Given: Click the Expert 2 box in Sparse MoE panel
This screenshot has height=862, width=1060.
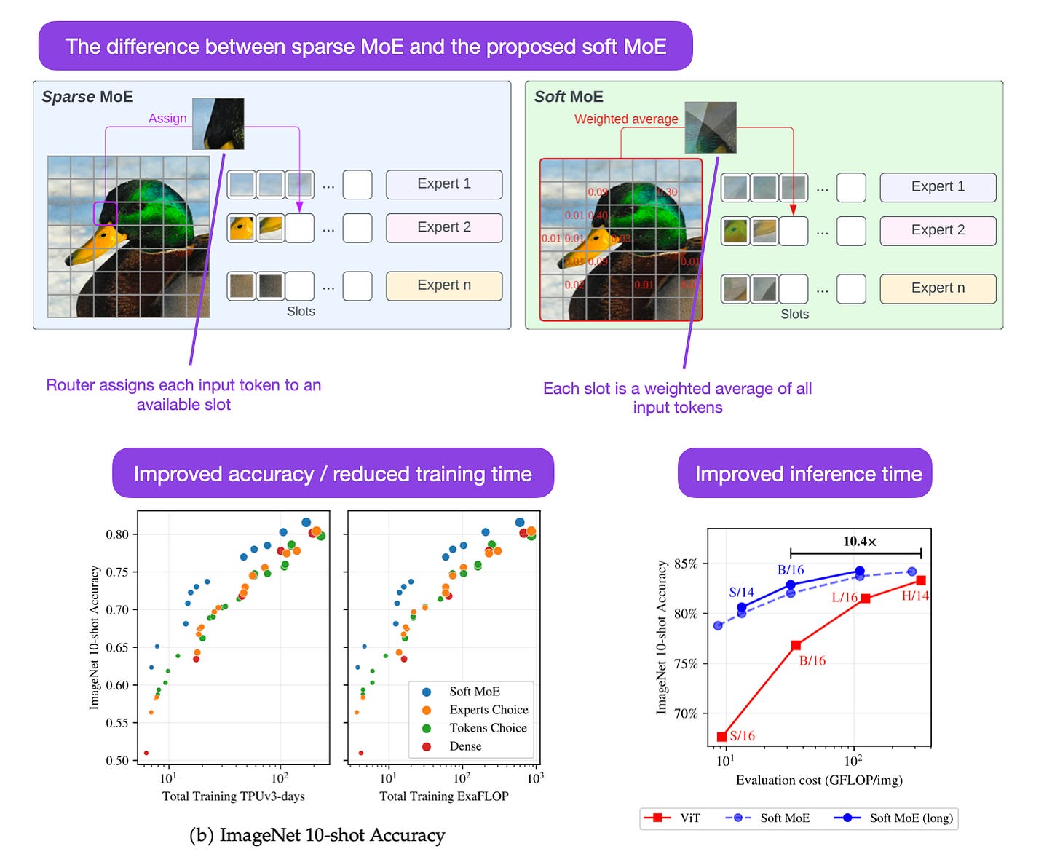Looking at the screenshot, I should [443, 227].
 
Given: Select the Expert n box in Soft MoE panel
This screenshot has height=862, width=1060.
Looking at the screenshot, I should [938, 288].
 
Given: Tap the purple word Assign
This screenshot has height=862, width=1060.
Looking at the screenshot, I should [167, 119].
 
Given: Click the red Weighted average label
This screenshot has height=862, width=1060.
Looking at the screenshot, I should [626, 119].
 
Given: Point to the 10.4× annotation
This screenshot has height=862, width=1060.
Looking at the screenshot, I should [860, 542].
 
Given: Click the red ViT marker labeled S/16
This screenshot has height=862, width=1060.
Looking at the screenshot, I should [722, 737].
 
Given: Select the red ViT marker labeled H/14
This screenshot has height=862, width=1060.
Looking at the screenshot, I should [921, 580].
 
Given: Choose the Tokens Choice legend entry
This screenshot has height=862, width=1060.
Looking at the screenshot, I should [487, 728].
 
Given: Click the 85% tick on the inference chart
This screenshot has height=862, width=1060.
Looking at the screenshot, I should [685, 564].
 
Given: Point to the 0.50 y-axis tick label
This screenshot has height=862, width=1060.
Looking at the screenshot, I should [117, 761].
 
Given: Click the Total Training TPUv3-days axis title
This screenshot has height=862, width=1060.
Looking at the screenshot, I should [233, 796].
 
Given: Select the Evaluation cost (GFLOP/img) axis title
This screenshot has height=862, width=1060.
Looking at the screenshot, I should [819, 780].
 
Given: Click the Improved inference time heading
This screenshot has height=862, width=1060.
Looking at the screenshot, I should [808, 474].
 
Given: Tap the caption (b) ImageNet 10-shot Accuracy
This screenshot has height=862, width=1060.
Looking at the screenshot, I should [317, 835].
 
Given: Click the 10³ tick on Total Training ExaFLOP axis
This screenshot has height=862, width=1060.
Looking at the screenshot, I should [536, 778].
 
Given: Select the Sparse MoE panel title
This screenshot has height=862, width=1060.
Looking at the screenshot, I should [87, 97].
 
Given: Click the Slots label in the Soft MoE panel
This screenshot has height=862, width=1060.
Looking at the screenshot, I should [794, 315].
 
